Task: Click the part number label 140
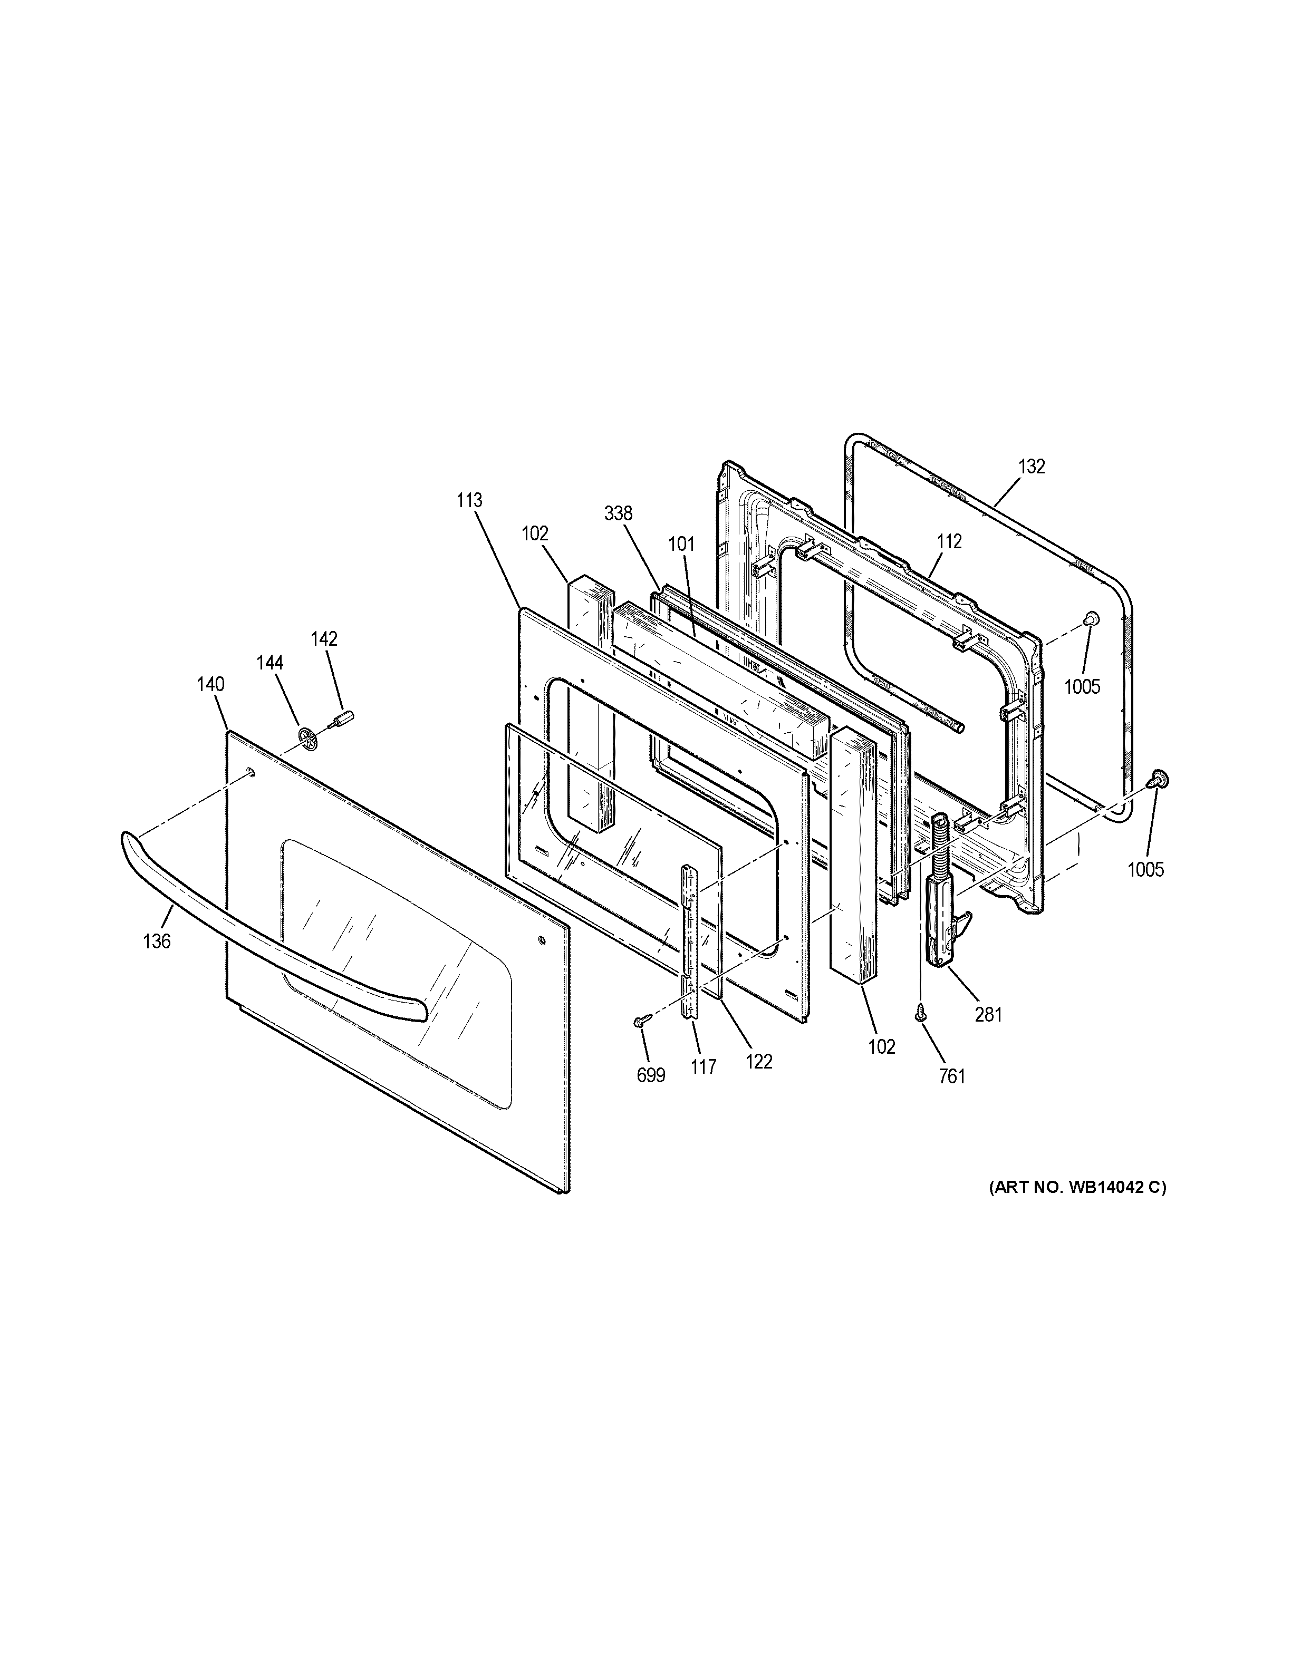pos(210,684)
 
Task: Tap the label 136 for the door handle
pos(157,941)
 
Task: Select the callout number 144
pos(269,662)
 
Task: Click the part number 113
pos(469,500)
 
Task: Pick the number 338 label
pos(618,514)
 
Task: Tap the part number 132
pos(1032,467)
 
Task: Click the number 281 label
pos(989,1015)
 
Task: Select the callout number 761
pos(951,1076)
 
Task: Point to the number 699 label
pos(651,1075)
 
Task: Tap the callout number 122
pos(759,1061)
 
